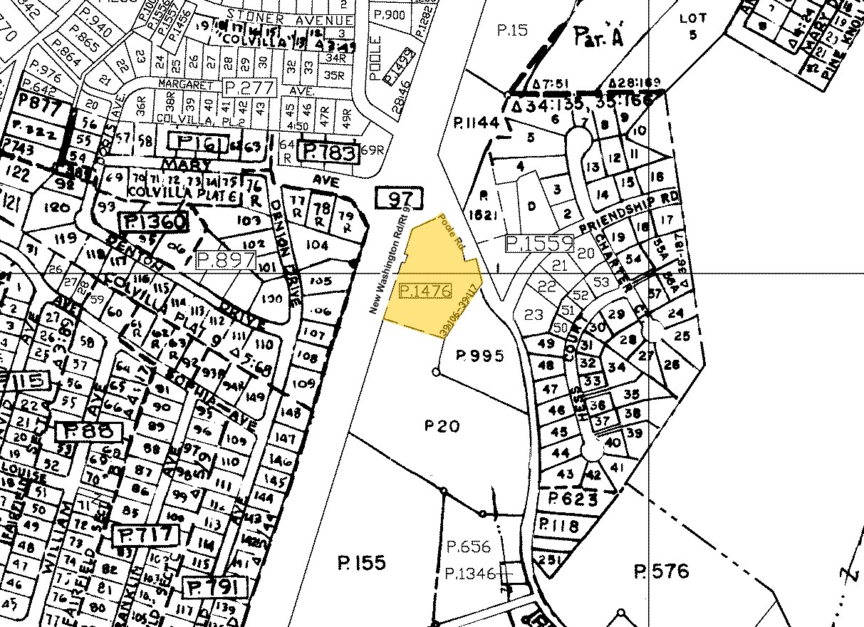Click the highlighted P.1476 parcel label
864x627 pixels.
(426, 291)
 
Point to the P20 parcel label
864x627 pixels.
(442, 426)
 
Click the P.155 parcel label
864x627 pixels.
(361, 563)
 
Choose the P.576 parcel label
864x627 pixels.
(662, 571)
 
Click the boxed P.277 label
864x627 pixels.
(249, 88)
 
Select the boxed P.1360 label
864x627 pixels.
(155, 222)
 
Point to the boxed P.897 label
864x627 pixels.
(225, 260)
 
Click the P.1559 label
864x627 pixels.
(539, 243)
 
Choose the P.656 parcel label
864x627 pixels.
(469, 546)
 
